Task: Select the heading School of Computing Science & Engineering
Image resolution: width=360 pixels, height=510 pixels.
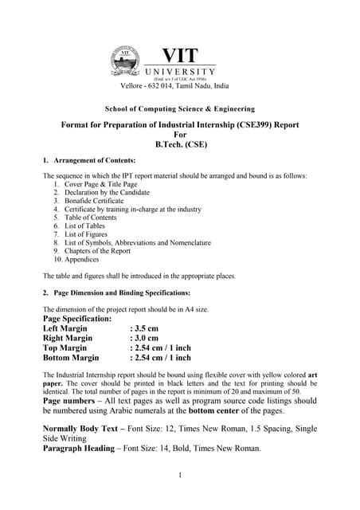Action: [180, 108]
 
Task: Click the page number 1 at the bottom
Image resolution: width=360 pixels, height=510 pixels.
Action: [181, 476]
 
